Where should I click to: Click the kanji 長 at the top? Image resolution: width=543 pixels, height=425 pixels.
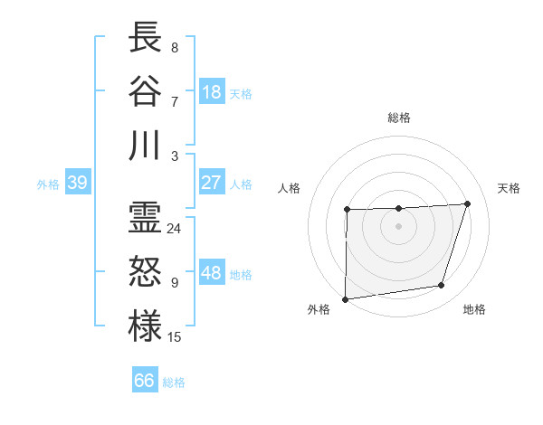[x=146, y=37]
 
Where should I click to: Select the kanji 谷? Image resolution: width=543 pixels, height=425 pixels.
[x=146, y=91]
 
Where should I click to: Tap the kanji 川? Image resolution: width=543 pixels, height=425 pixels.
[x=146, y=146]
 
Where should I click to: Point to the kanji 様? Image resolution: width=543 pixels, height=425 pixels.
[x=146, y=326]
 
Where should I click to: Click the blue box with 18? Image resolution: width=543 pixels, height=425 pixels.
[x=212, y=92]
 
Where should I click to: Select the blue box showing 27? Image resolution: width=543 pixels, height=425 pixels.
[x=212, y=183]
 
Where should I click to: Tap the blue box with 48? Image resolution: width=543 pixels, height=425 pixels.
[x=212, y=273]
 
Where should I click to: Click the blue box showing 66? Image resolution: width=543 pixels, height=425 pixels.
[x=145, y=381]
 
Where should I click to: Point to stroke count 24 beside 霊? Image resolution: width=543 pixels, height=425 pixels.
[x=174, y=229]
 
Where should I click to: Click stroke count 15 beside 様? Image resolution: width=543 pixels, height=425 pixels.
[x=174, y=337]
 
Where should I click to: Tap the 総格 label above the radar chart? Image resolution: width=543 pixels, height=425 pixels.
[x=398, y=118]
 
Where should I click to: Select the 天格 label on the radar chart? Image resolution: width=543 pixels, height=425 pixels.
[x=510, y=188]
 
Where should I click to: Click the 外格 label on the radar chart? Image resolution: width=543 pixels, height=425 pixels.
[x=319, y=309]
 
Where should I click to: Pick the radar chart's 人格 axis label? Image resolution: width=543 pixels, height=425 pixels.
[x=290, y=188]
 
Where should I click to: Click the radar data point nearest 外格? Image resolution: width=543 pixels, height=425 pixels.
[x=345, y=299]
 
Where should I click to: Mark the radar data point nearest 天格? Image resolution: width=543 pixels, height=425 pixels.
[x=467, y=203]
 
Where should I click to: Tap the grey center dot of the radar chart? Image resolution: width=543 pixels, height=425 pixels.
[x=398, y=226]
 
